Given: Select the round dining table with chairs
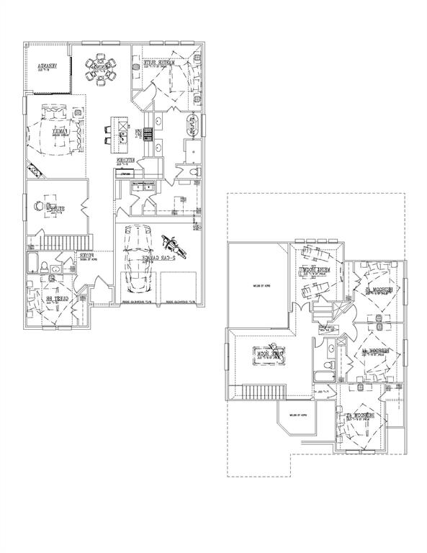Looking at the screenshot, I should click(101, 70).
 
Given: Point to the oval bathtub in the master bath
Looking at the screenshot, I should click(192, 125).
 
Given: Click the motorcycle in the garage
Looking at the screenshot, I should click(171, 247).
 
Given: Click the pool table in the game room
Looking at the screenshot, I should click(263, 355).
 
